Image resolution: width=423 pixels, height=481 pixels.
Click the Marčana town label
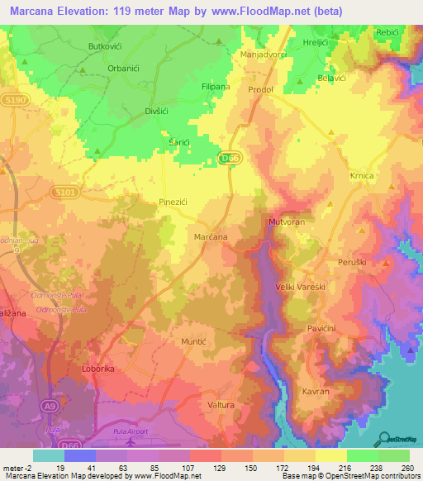(x=211, y=237)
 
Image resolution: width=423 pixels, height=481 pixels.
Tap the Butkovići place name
(x=105, y=48)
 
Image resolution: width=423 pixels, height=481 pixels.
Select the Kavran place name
(x=316, y=392)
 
